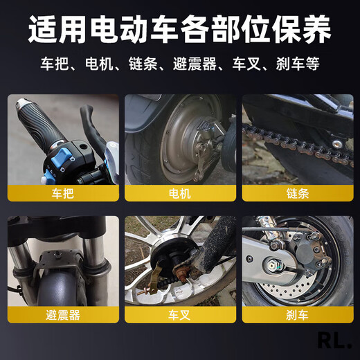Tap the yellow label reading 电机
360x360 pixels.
(179, 194)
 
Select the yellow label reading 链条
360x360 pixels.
(296, 194)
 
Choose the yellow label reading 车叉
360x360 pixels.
(179, 315)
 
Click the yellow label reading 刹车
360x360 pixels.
(296, 315)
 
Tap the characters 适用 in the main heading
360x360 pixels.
(57, 30)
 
